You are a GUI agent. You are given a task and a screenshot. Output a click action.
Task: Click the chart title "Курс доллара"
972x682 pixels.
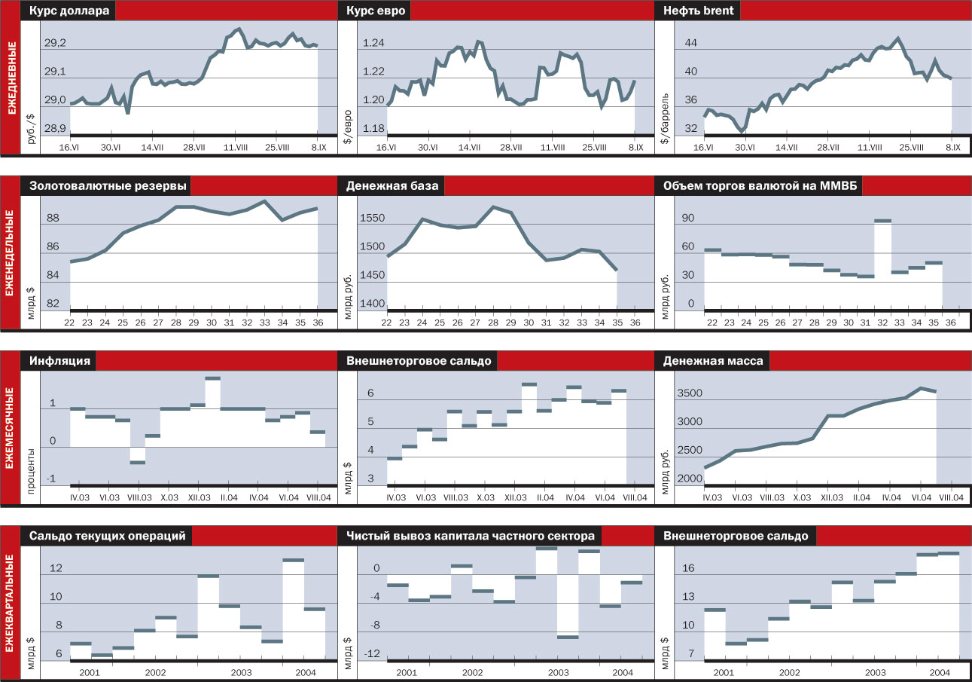69,11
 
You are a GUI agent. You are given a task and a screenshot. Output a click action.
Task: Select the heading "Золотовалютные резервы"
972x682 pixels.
108,186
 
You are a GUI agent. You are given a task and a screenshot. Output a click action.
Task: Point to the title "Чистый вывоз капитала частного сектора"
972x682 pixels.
471,536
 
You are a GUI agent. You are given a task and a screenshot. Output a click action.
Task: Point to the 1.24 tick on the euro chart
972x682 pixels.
373,44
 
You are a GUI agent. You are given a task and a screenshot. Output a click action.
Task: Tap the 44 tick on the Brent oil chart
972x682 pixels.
690,44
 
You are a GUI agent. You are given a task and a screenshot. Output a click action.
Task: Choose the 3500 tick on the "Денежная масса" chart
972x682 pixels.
690,393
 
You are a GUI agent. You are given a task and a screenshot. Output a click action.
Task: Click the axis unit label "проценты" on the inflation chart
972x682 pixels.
32,469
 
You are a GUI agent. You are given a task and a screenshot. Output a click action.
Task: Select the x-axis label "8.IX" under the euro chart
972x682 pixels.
635,147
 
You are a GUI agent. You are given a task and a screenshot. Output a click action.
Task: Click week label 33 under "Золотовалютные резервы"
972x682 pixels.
264,322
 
